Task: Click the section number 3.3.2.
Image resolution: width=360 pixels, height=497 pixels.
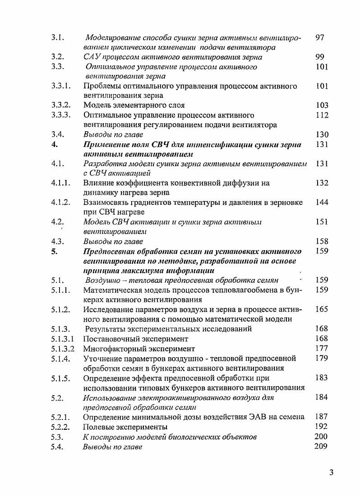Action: pyautogui.click(x=60, y=106)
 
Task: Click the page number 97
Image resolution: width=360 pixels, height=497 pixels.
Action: pyautogui.click(x=320, y=37)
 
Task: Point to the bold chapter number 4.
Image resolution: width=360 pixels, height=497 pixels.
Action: pyautogui.click(x=54, y=144)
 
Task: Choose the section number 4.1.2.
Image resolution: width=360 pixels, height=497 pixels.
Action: pyautogui.click(x=60, y=202)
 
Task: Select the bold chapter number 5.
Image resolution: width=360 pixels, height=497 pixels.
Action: pyautogui.click(x=54, y=251)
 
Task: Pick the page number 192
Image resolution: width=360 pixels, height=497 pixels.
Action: pyautogui.click(x=322, y=426)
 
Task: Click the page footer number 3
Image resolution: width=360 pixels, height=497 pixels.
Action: pyautogui.click(x=331, y=473)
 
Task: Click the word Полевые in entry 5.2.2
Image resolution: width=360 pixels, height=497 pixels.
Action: pyautogui.click(x=99, y=427)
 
